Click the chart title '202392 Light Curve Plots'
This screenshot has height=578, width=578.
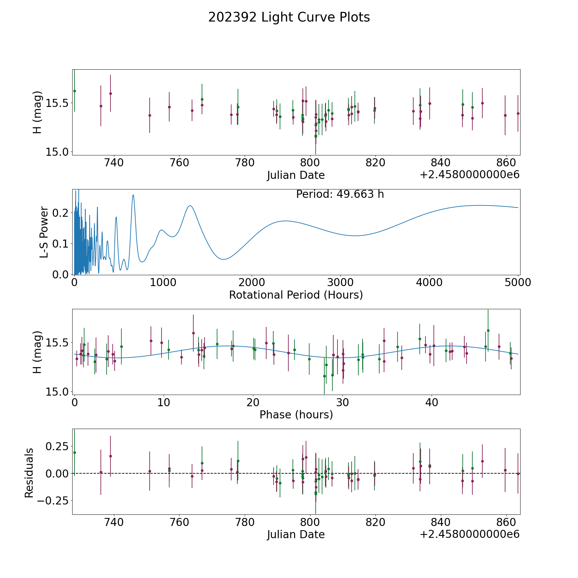tap(289, 17)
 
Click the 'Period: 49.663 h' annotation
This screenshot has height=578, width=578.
tap(340, 194)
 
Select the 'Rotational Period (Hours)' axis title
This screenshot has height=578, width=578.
tap(296, 295)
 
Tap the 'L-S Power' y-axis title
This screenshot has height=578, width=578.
tap(44, 232)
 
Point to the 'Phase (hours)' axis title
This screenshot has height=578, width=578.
tap(296, 415)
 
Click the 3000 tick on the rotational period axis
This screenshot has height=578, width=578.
tap(341, 283)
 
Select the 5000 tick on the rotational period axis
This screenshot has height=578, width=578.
tap(518, 283)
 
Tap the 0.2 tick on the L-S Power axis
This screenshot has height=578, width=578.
tap(61, 213)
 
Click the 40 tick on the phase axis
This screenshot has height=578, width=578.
tap(432, 402)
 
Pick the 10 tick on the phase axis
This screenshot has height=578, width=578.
tap(164, 402)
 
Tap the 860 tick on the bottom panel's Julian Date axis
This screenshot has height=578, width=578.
tap(506, 522)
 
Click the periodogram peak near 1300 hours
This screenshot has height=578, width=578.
tap(190, 206)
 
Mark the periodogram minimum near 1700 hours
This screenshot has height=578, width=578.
tap(224, 259)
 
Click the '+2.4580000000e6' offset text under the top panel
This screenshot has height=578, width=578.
tap(469, 175)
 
